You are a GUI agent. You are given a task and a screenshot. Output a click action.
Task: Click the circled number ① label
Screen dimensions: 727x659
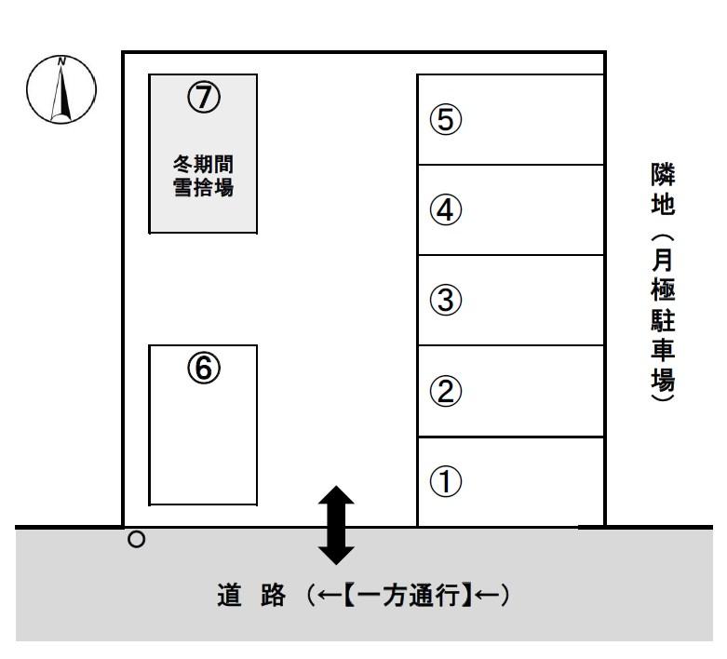click(x=445, y=481)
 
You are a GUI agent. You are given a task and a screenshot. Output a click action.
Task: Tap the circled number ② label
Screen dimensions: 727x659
click(x=445, y=391)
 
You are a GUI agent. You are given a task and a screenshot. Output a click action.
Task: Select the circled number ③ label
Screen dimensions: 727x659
click(x=445, y=301)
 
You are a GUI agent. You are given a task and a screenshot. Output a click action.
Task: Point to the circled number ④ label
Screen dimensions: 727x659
click(x=445, y=210)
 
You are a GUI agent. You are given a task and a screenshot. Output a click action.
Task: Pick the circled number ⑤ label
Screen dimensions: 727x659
click(x=445, y=120)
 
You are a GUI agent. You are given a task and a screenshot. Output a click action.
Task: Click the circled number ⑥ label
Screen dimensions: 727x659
click(x=203, y=370)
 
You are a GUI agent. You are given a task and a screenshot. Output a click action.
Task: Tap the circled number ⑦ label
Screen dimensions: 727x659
click(x=203, y=95)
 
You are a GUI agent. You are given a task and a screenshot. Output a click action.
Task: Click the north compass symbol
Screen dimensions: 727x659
click(x=62, y=90)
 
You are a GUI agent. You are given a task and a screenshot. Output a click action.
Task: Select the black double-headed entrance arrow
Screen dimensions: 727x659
click(x=336, y=525)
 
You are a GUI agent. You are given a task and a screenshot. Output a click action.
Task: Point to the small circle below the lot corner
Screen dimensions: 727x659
click(x=137, y=539)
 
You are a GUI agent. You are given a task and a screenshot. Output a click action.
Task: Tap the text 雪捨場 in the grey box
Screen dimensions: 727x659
click(x=203, y=187)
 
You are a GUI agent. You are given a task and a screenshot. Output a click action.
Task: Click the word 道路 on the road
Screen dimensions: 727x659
click(x=250, y=597)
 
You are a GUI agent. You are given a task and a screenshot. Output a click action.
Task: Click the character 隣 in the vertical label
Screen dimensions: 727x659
click(x=662, y=174)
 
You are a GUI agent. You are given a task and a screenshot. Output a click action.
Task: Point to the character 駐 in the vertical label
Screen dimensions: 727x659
click(x=662, y=322)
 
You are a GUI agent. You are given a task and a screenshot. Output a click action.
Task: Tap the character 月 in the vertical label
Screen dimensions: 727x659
click(x=662, y=262)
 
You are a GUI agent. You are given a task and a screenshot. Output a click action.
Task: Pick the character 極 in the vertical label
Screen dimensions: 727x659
click(x=662, y=292)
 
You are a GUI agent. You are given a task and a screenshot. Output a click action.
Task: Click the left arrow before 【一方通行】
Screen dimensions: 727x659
click(x=321, y=597)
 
